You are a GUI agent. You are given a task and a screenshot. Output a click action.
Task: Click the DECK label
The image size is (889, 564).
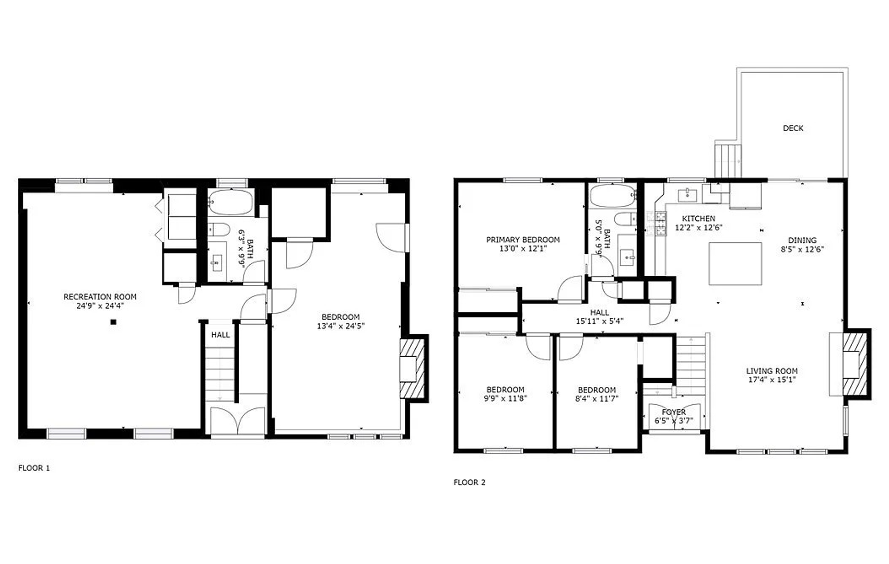pos(793,128)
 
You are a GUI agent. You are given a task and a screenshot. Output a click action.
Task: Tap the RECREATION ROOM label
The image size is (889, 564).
pos(100,297)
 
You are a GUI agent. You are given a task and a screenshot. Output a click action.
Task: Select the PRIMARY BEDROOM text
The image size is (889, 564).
pos(523,240)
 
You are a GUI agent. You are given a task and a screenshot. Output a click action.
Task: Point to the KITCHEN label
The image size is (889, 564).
pos(698,219)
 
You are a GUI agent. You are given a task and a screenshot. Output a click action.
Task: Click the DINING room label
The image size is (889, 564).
pos(802,241)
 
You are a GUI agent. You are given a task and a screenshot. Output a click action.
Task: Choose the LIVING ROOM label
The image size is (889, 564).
pos(772,371)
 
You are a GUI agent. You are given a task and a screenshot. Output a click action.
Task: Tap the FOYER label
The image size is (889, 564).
pos(674,413)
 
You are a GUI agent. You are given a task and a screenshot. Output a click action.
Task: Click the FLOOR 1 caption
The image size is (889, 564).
pos(34,468)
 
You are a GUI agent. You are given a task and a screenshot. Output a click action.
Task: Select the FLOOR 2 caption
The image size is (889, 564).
pos(470,483)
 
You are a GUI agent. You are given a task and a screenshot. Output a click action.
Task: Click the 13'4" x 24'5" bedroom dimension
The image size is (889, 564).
pos(341,326)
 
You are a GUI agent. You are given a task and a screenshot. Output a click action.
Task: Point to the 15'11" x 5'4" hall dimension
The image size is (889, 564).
pos(600,322)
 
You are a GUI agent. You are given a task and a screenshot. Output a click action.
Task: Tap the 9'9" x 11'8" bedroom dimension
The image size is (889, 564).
pos(505,398)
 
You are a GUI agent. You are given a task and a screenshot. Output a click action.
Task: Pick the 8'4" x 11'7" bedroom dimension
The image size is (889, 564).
pos(597,398)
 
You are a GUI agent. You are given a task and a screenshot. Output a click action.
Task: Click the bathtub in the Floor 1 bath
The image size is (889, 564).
pos(230,203)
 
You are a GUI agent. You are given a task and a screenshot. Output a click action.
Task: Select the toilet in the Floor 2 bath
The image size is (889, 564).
pos(625,219)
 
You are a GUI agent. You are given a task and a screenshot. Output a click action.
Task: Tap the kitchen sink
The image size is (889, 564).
pos(687,195)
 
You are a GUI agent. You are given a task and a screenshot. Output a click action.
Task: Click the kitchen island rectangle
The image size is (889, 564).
pos(735,264)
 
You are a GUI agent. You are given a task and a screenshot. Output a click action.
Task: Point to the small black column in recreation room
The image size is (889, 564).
pos(113,322)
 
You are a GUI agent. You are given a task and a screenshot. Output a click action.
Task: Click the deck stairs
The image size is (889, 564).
pos(728,161)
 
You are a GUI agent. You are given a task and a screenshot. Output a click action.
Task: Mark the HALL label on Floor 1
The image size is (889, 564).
pos(220,335)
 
